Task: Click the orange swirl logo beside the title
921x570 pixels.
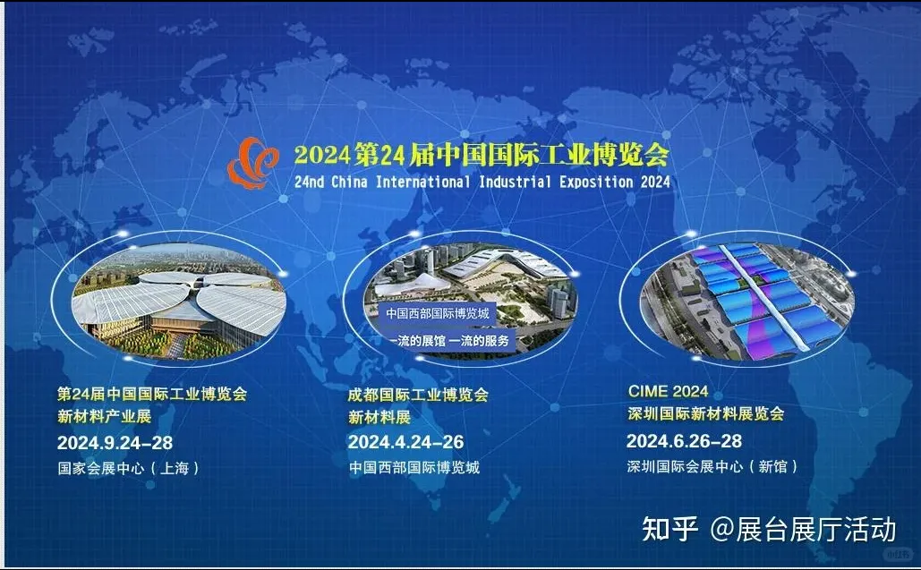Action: (252, 163)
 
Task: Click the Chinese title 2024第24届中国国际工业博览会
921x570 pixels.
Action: (481, 154)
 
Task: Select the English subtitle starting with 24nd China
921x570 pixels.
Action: (482, 182)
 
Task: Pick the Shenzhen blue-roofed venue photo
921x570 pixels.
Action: (744, 301)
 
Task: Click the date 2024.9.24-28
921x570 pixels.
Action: (115, 443)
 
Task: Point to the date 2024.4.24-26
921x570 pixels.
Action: (405, 443)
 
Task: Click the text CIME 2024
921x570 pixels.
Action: (668, 391)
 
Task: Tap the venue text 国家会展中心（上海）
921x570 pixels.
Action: (128, 468)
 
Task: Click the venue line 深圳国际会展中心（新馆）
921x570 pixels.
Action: (712, 466)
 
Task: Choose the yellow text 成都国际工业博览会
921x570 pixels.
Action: (418, 394)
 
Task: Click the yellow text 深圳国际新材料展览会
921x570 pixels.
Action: (705, 413)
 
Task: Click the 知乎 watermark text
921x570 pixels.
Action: (670, 529)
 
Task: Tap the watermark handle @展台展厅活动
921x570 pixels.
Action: (803, 529)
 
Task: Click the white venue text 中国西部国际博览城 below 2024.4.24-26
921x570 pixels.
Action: (414, 467)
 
